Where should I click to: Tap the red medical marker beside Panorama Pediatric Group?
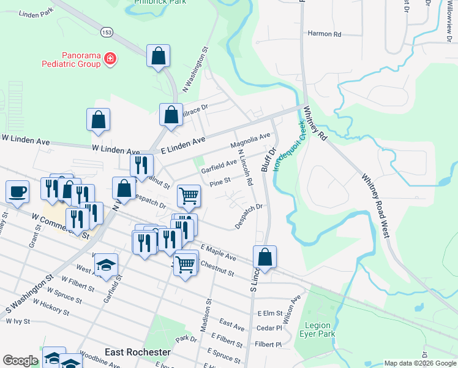110,59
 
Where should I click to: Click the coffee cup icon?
17,191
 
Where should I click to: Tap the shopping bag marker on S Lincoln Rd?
265,257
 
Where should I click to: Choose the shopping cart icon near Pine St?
189,196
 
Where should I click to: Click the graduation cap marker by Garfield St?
106,265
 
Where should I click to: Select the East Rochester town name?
137,352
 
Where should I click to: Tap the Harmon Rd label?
324,34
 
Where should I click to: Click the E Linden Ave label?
182,144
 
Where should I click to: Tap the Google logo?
20,361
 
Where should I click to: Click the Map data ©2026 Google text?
419,363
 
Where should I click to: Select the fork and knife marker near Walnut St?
140,164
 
